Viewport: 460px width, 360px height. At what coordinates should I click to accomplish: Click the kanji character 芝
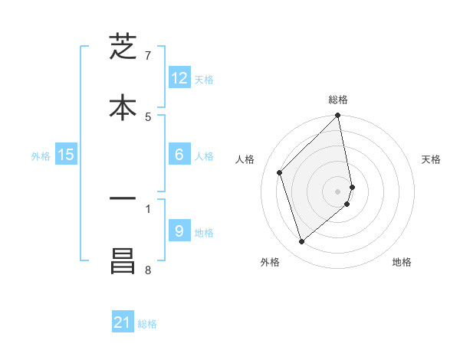pos(123,47)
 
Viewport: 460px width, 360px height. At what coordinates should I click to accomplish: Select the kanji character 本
pos(123,107)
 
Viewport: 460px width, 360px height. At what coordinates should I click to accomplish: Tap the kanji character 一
pos(123,198)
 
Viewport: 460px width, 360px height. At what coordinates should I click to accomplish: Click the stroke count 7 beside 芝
pos(148,56)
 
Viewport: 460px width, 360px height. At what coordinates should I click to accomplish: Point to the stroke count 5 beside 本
pos(148,116)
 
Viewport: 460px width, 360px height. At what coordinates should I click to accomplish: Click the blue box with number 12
pos(179,78)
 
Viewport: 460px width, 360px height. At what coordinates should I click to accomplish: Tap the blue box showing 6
pos(179,155)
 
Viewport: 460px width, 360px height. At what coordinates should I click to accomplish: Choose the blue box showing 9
pos(179,231)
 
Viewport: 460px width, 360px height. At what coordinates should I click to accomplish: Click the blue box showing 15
pos(66,155)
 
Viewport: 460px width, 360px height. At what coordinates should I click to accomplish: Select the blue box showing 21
pos(123,322)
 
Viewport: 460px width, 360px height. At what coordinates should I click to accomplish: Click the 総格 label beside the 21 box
pos(147,324)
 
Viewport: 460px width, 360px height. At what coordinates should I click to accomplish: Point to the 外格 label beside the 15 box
pos(41,156)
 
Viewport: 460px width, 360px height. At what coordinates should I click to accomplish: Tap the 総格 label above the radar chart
pos(338,100)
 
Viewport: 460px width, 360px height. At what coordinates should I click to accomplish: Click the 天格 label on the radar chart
pos(431,159)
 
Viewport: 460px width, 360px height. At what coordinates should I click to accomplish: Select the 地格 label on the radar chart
pos(402,262)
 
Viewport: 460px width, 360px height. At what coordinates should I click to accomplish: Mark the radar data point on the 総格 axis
pos(338,116)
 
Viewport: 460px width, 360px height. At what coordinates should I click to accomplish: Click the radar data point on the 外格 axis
pos(301,242)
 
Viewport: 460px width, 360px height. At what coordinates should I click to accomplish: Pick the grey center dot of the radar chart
pos(338,191)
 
